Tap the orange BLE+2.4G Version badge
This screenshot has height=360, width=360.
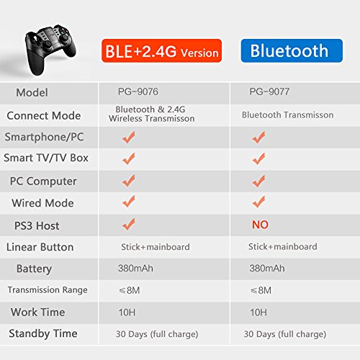click(x=161, y=51)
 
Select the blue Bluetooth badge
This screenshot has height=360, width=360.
click(x=289, y=51)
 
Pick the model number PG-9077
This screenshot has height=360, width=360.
click(x=269, y=93)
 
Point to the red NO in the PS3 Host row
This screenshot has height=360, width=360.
click(x=260, y=225)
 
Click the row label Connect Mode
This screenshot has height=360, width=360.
click(x=43, y=115)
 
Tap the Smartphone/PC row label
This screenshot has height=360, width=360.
click(x=42, y=137)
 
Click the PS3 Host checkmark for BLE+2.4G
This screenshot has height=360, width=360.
click(x=129, y=224)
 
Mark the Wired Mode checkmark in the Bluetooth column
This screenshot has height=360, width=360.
click(x=258, y=202)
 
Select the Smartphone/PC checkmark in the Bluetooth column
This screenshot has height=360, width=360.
click(x=258, y=137)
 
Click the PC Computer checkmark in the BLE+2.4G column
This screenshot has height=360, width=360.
click(x=129, y=181)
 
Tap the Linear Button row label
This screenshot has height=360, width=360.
click(x=40, y=247)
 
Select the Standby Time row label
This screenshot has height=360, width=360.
click(x=42, y=333)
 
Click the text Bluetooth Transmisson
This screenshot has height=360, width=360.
click(x=287, y=115)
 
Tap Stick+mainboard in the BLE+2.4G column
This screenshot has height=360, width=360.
click(x=155, y=247)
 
